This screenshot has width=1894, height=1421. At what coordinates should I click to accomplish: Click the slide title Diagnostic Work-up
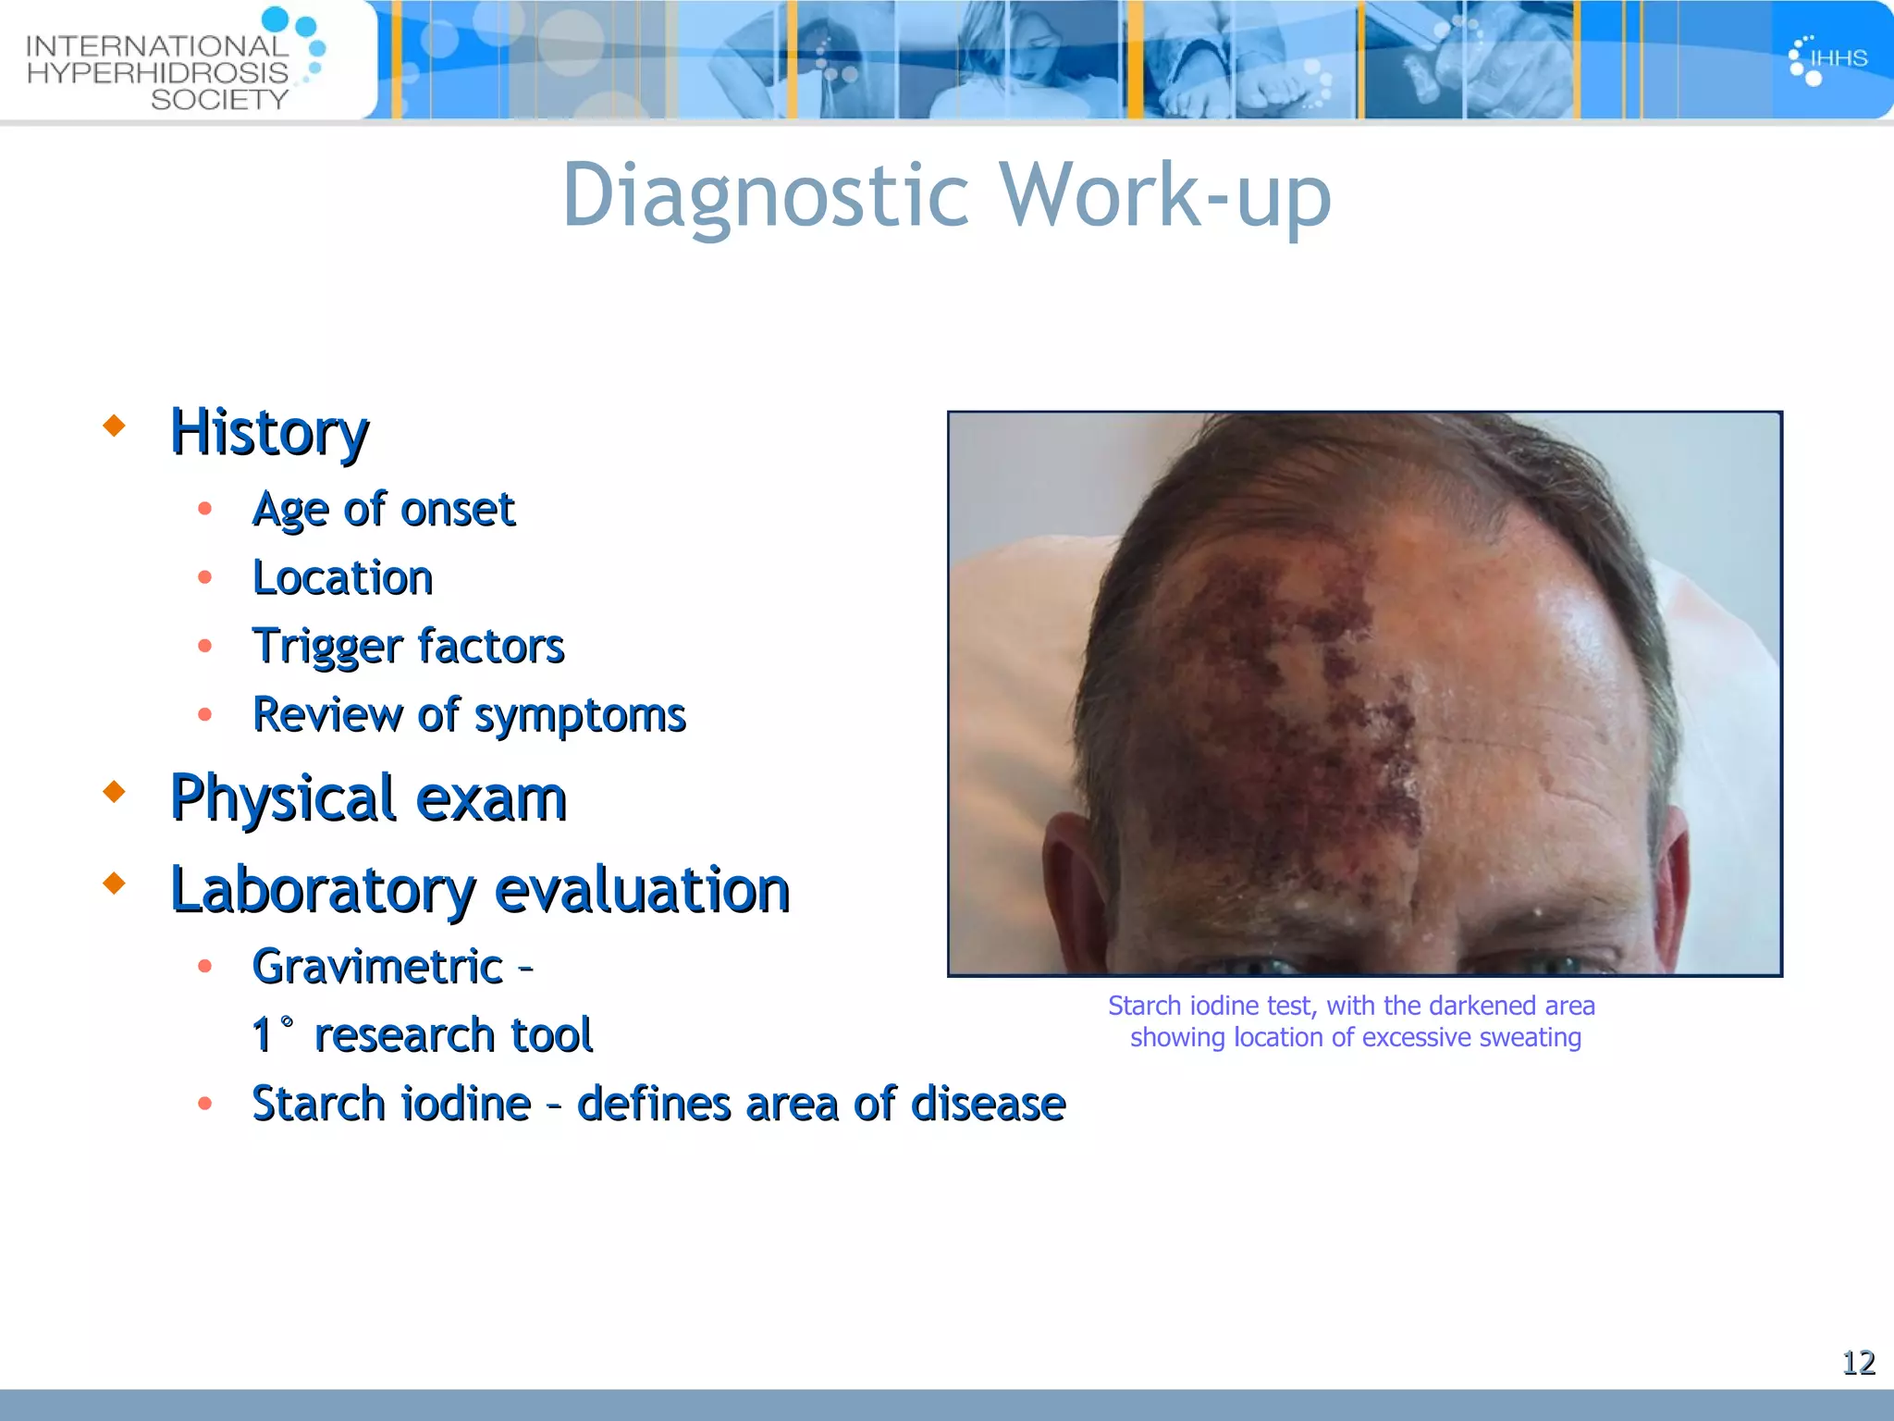pos(946,195)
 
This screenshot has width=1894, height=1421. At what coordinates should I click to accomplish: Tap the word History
pos(269,432)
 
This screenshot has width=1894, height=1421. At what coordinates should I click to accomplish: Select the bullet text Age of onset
pos(383,509)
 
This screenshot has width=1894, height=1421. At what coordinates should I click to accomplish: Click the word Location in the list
pos(342,578)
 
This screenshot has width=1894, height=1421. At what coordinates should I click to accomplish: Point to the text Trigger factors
pos(408,646)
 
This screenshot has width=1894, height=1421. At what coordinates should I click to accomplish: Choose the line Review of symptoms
pos(469,715)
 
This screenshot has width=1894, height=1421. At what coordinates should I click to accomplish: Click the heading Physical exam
pos(368,798)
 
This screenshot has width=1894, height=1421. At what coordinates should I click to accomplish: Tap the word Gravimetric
pos(377,967)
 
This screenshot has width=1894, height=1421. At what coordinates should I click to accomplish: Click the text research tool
pos(452,1034)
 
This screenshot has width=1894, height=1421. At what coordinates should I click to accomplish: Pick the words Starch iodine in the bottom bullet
pos(391,1104)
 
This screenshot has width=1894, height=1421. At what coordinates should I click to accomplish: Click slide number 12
pos(1858,1363)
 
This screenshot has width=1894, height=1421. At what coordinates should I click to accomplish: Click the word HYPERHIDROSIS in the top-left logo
pos(157,73)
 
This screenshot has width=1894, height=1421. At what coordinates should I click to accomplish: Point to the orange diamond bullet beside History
pos(115,426)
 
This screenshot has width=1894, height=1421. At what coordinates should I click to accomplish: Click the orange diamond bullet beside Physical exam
pos(115,792)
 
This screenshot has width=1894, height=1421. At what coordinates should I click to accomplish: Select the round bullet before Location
pos(205,578)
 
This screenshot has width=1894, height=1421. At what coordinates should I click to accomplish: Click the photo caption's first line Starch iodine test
pos(1351,1006)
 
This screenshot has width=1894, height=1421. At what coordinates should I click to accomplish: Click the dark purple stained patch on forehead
pos(1295,685)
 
